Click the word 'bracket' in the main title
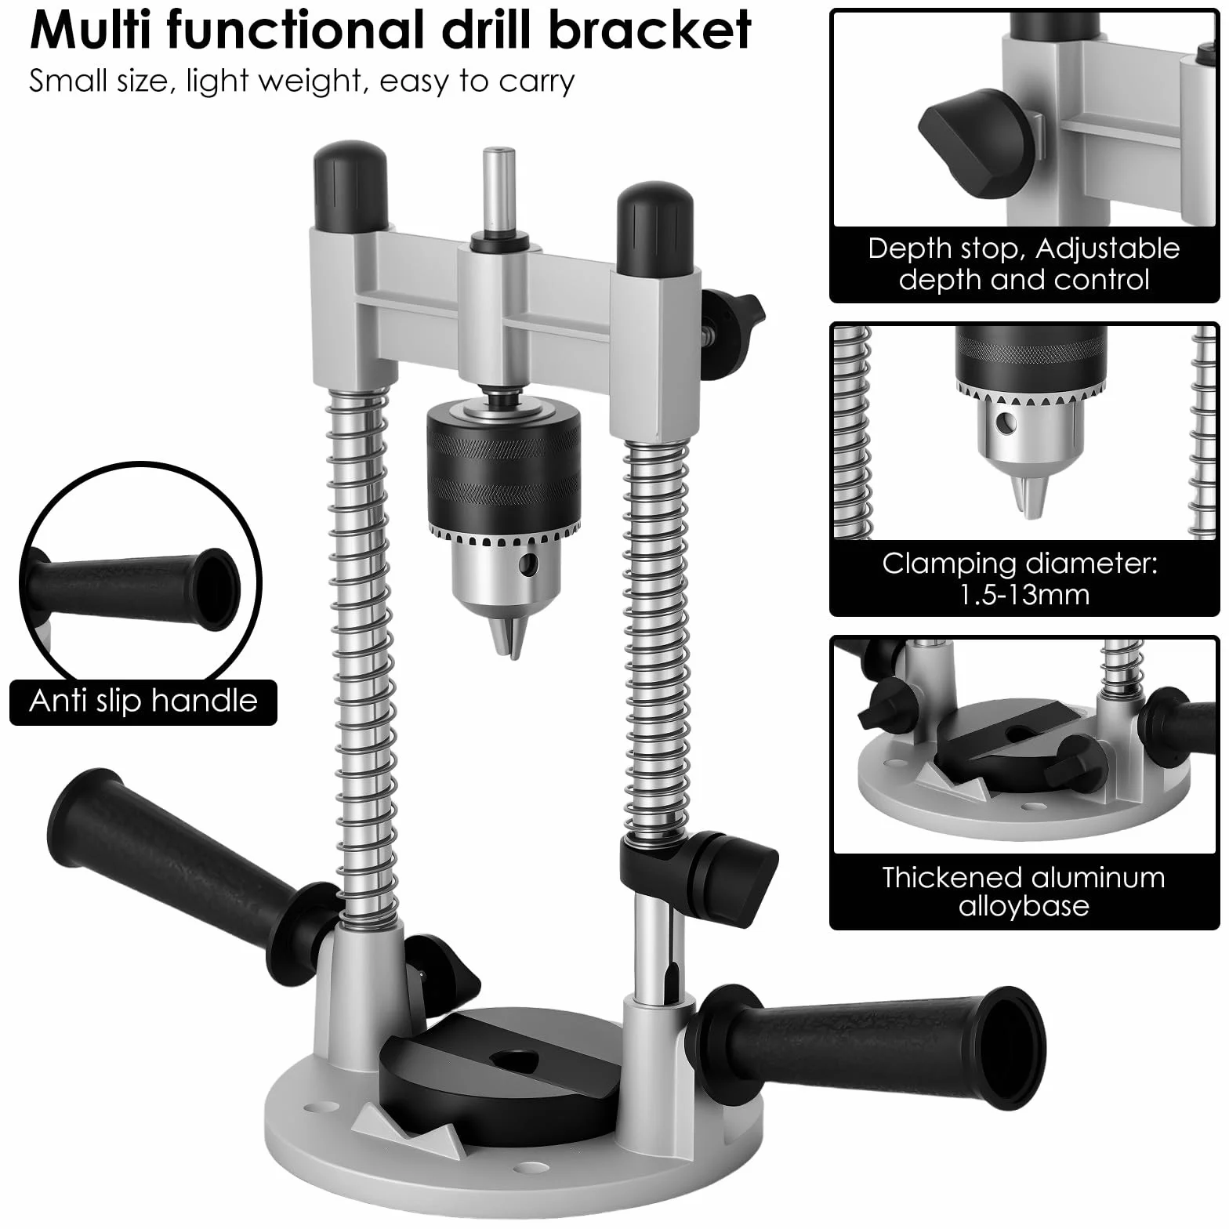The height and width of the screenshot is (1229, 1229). (650, 30)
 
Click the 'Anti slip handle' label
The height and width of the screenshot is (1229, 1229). (143, 700)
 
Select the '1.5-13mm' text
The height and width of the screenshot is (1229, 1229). (1024, 595)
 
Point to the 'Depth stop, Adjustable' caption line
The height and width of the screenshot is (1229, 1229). (1024, 248)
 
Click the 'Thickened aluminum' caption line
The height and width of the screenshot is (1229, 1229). (1024, 877)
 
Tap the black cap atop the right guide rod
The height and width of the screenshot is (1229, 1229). (655, 230)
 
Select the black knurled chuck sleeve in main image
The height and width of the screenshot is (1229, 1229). (505, 470)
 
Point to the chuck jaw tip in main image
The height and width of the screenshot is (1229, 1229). (505, 639)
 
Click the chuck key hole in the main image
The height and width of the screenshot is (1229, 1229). (531, 563)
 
